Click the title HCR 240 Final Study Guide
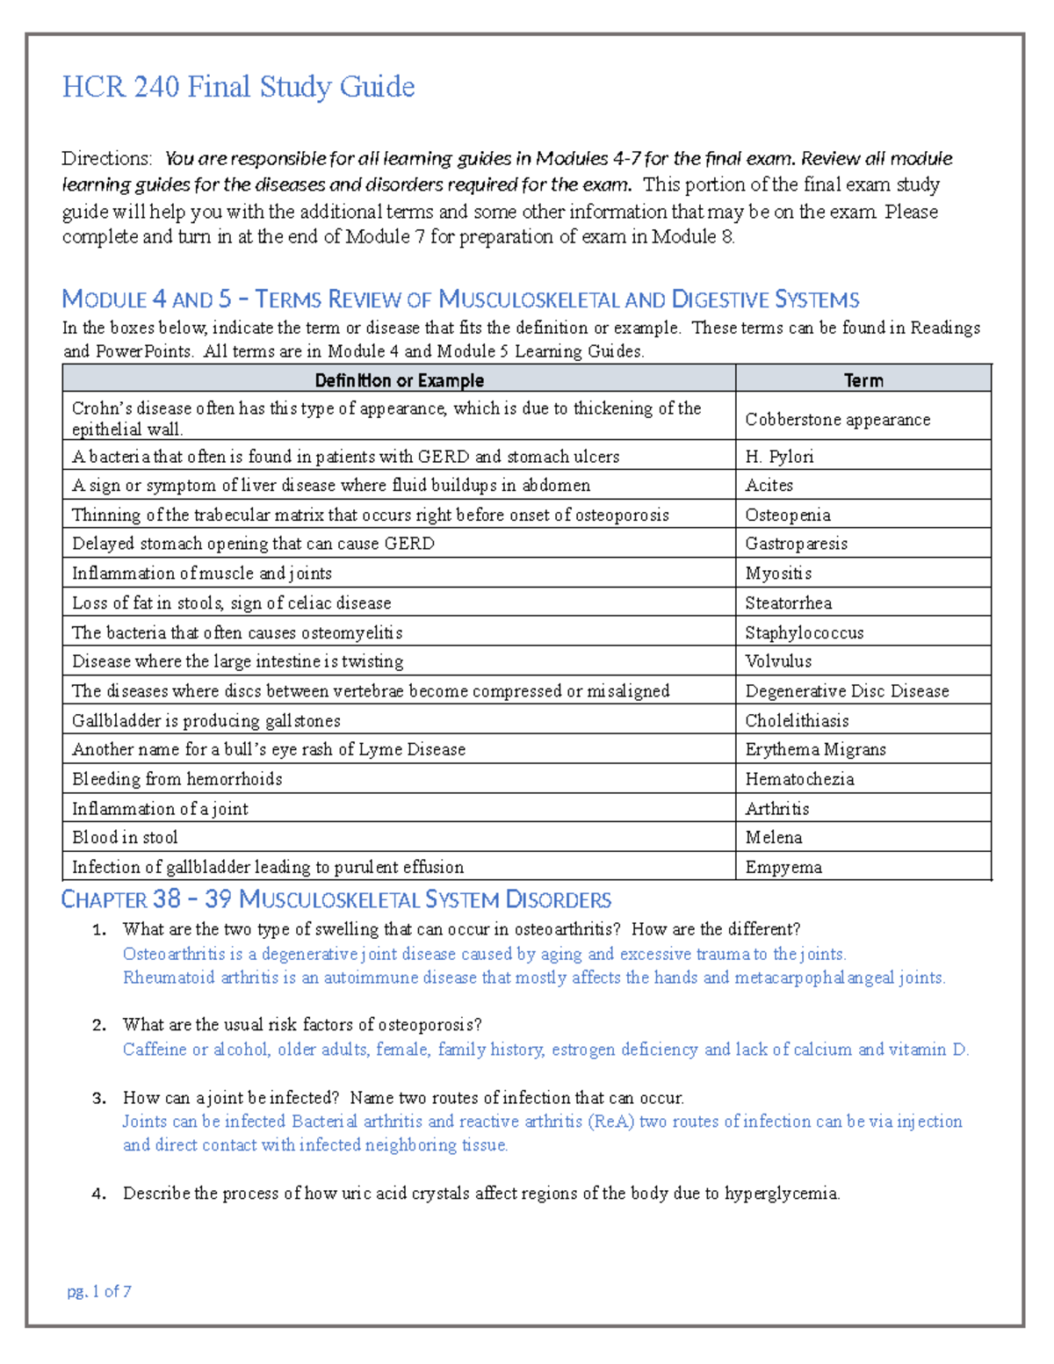point(238,87)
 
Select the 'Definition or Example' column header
point(399,380)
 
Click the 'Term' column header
point(863,380)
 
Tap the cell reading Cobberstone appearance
point(837,420)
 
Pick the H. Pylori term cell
point(779,457)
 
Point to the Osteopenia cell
point(787,515)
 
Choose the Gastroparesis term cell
point(796,544)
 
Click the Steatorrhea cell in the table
point(788,603)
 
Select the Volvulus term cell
point(778,661)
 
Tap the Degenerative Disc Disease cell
point(847,691)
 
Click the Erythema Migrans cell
point(815,749)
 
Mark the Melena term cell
point(773,838)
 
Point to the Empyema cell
point(783,868)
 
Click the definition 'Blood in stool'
point(125,838)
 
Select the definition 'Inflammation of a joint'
point(160,809)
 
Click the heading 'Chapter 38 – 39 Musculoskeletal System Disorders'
point(336,900)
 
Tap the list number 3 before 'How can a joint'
point(98,1098)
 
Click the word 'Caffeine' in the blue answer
point(155,1050)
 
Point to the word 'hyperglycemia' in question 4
point(781,1194)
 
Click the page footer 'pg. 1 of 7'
point(99,1291)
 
